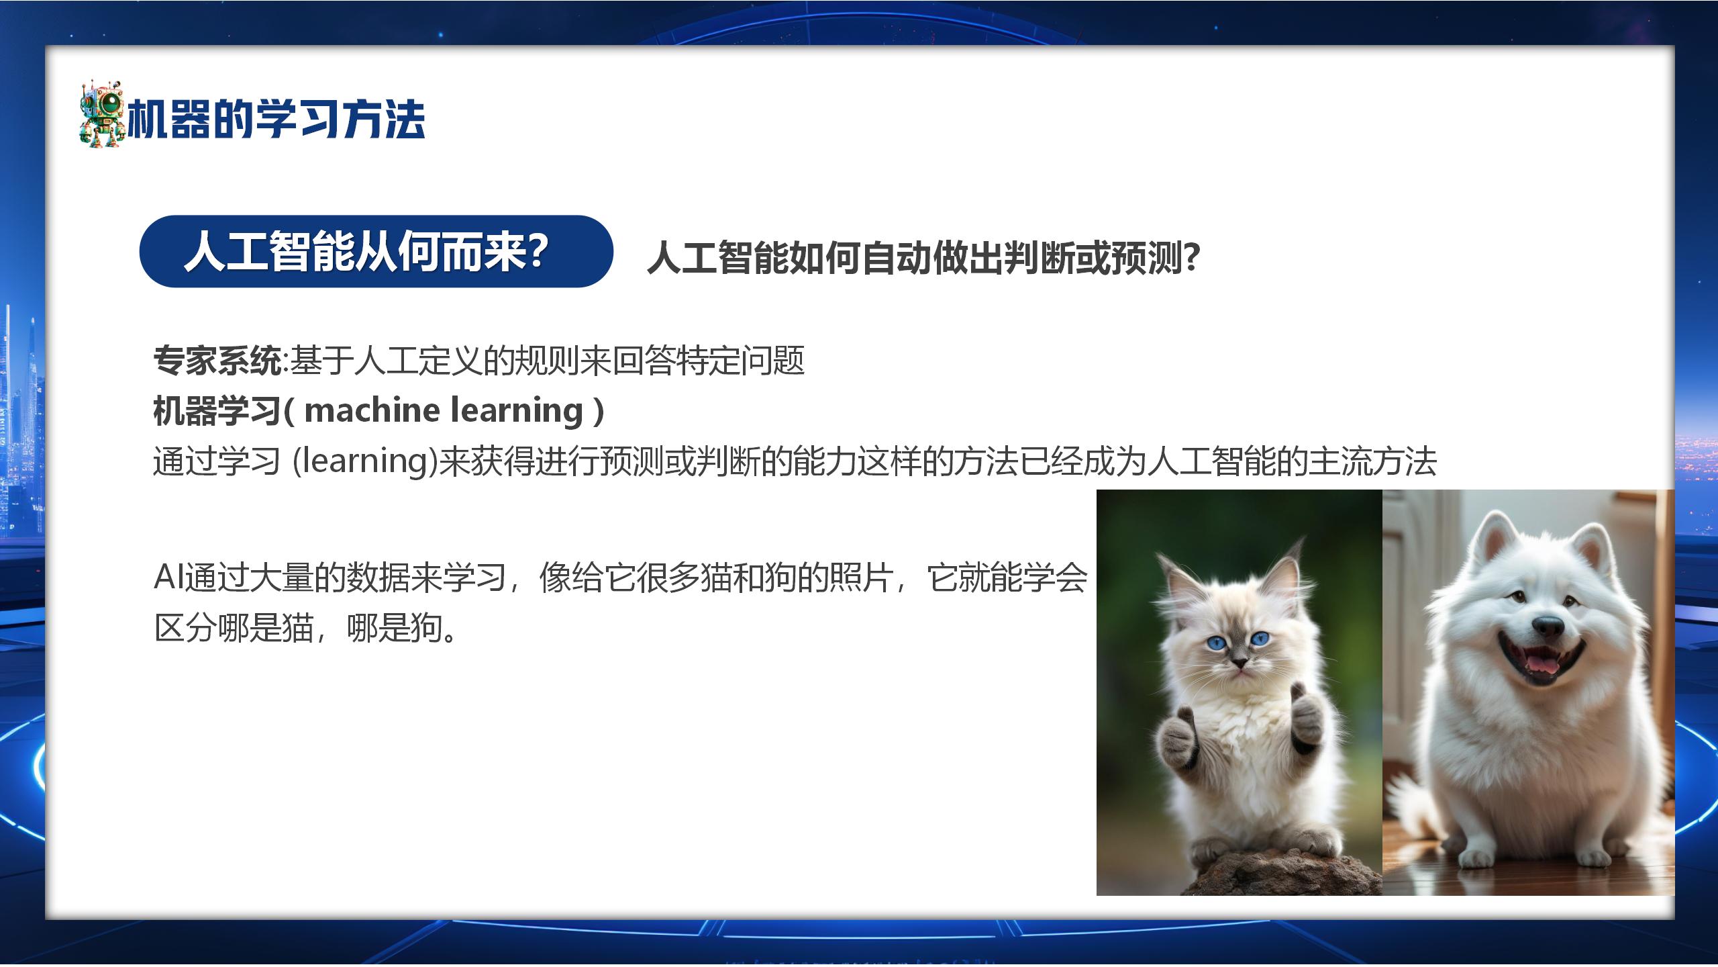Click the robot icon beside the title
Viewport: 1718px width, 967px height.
click(x=103, y=114)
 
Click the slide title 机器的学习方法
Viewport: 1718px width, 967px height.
click(x=276, y=120)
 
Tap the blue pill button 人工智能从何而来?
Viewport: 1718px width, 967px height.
click(x=376, y=251)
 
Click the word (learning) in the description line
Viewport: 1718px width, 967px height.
click(x=365, y=461)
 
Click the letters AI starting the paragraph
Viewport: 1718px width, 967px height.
click(x=168, y=578)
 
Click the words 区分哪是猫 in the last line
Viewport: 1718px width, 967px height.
click(x=234, y=628)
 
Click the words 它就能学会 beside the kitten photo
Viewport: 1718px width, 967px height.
click(x=1007, y=578)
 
